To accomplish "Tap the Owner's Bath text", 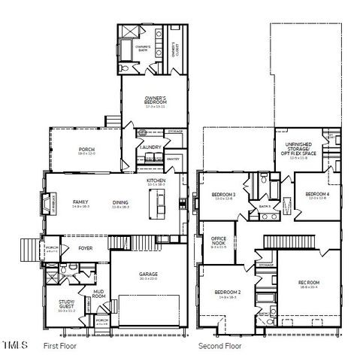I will tap(144, 47).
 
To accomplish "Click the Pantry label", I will tap(173, 159).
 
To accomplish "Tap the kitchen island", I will tap(159, 202).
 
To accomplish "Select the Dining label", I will tap(120, 202).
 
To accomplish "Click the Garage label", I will tap(147, 275).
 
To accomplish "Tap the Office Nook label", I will tap(219, 240).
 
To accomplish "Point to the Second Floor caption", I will tap(219, 347).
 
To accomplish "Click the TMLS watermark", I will tap(15, 346).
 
